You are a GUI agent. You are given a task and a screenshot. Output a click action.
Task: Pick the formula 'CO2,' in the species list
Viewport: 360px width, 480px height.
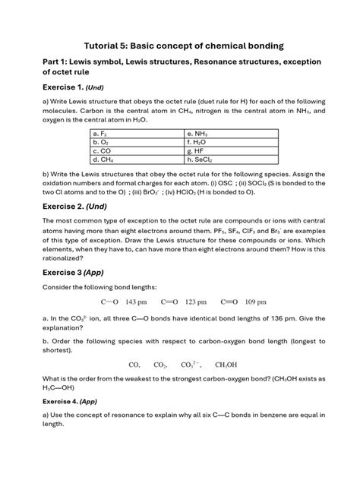tap(160, 365)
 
